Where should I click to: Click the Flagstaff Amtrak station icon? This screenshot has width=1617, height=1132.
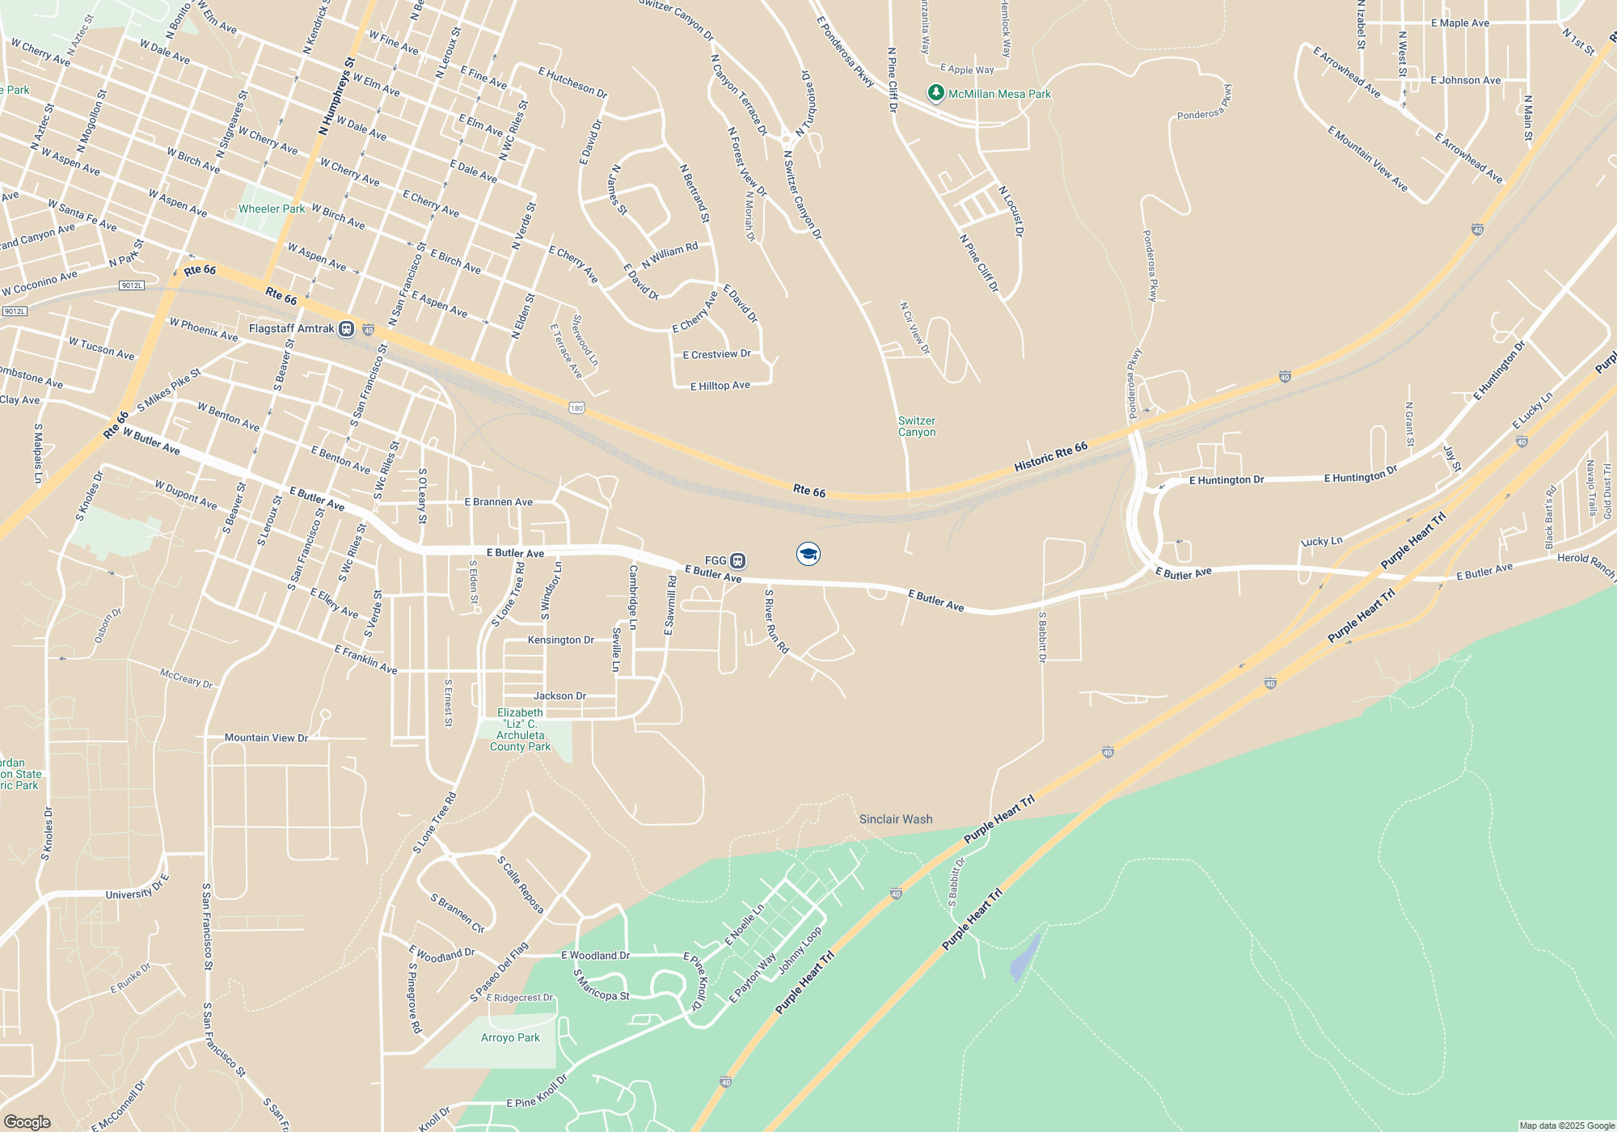(346, 329)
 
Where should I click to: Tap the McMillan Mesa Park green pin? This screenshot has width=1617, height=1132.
(935, 94)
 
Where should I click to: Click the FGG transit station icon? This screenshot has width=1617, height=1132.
(737, 560)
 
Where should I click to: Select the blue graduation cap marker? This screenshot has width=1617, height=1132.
(808, 554)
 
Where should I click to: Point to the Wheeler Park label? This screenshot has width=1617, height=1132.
(272, 209)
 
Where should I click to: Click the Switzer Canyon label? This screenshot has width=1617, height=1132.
(917, 426)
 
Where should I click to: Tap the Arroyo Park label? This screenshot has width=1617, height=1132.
(510, 1037)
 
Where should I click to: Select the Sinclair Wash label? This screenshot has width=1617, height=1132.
(896, 819)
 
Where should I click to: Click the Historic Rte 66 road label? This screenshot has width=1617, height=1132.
(1050, 458)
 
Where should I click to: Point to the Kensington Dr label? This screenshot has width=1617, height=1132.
(560, 640)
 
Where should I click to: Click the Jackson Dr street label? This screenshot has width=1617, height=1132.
(559, 695)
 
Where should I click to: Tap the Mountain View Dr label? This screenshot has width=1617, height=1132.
(266, 737)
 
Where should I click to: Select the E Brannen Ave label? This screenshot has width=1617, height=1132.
(498, 502)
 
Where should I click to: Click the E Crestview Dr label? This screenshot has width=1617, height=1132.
(716, 354)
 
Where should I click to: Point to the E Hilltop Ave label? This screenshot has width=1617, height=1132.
(720, 386)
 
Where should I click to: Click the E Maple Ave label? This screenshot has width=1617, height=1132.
(1459, 23)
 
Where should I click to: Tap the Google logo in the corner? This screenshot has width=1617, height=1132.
(27, 1121)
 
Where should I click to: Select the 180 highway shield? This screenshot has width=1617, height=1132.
(576, 408)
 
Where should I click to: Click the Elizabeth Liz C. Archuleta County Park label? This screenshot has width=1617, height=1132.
(520, 729)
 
